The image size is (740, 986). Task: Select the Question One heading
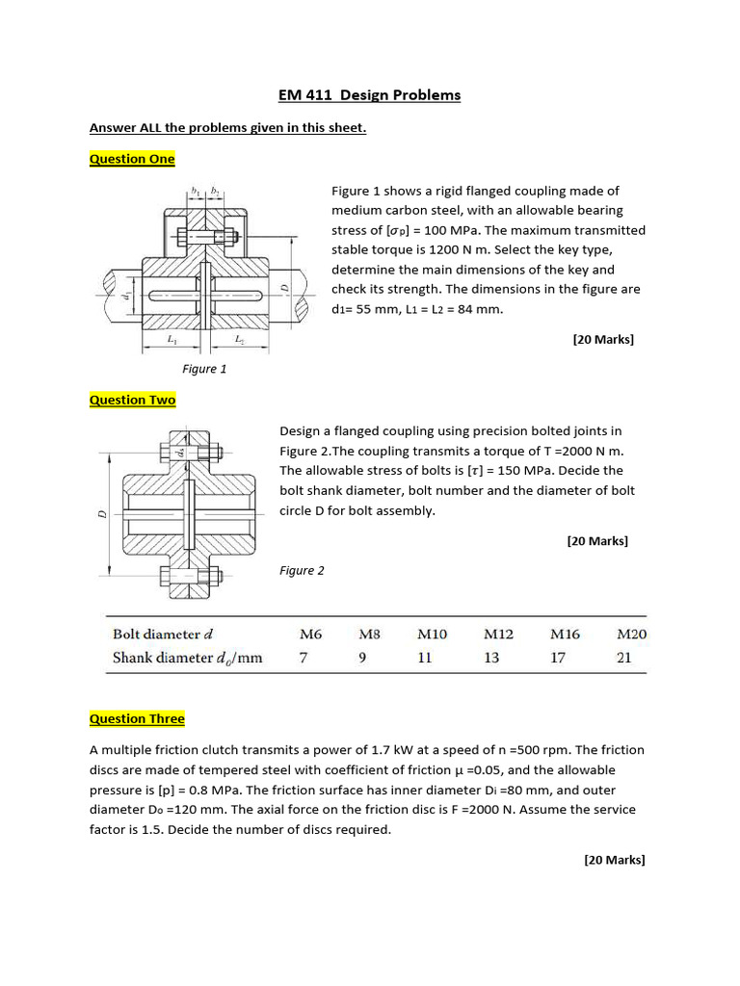132,159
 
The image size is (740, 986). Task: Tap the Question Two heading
132,400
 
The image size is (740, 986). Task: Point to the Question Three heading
137,718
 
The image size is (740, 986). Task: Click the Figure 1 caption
204,368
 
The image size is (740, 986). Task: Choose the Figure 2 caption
302,570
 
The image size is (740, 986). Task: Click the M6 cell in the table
310,635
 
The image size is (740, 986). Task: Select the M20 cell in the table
631,635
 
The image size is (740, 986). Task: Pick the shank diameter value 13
491,659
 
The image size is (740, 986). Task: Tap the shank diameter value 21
624,659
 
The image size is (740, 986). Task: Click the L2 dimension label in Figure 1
239,339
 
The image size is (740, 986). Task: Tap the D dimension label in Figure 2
100,513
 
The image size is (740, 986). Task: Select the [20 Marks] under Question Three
614,860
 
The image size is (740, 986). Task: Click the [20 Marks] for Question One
603,339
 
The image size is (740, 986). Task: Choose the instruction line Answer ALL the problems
227,128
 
